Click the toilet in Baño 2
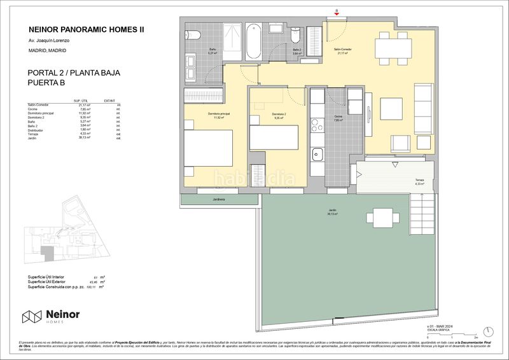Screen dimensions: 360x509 (x=295, y=34)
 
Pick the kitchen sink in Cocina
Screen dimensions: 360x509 (x=316, y=154)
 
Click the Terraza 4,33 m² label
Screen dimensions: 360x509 (x=419, y=183)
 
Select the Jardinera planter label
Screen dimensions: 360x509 (x=220, y=199)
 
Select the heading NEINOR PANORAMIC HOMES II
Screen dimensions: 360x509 (x=82, y=29)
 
